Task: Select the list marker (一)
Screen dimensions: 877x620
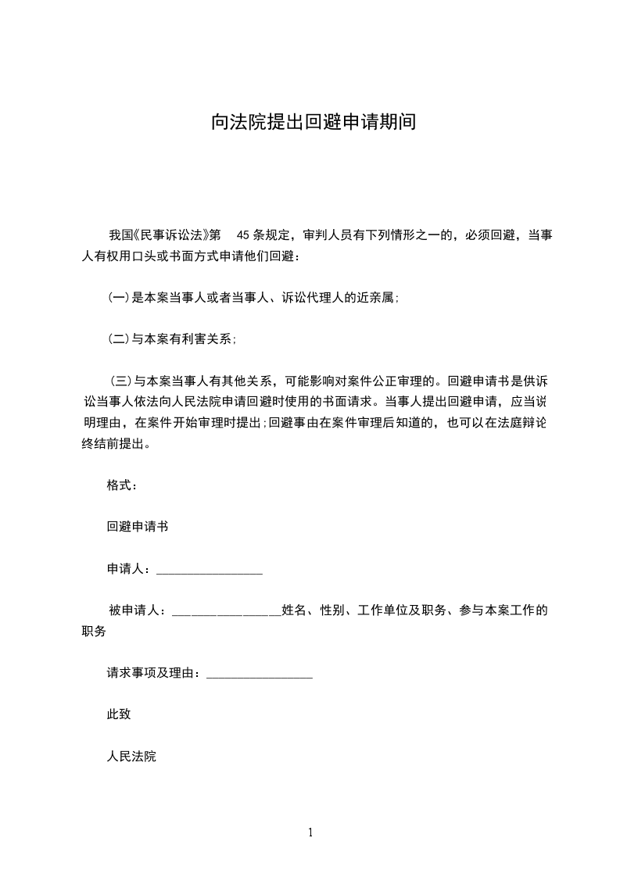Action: click(x=117, y=297)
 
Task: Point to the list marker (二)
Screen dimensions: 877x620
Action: click(x=117, y=339)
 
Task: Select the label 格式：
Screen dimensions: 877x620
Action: click(x=122, y=485)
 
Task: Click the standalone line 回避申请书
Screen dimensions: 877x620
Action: click(x=138, y=527)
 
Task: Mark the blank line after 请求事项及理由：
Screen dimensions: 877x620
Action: click(x=260, y=675)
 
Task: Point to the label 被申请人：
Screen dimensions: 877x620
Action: click(x=138, y=610)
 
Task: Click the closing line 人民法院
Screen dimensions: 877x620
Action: click(x=131, y=757)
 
